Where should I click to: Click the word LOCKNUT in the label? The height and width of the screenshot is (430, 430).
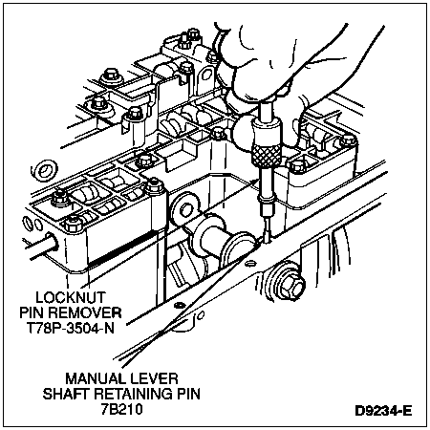70,297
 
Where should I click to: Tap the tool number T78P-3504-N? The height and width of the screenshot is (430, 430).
70,328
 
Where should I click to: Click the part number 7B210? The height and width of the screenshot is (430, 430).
121,409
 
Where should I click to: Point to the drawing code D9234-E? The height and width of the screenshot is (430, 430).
383,411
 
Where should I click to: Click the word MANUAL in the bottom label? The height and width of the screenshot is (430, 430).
92,379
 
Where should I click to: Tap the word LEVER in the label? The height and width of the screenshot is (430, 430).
150,379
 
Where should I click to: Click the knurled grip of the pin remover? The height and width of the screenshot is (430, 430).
267,155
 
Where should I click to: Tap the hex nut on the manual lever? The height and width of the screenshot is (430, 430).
184,210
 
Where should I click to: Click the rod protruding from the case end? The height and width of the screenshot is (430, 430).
40,245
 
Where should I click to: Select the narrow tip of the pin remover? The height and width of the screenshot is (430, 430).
267,228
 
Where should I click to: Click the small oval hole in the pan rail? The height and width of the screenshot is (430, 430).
250,263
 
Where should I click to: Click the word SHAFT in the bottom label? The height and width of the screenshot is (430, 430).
66,394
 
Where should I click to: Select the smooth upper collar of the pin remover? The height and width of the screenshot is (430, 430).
267,132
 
